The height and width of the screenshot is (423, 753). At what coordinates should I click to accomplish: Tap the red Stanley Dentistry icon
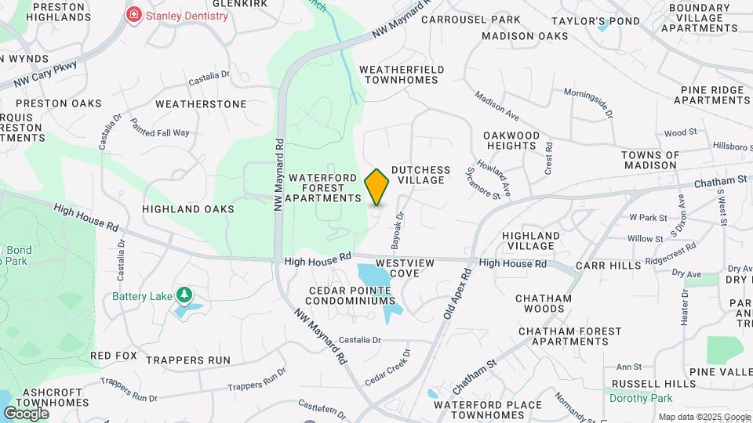(135, 16)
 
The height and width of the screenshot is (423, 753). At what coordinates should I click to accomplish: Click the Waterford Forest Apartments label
(322, 188)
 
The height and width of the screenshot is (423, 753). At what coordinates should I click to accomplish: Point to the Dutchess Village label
(420, 175)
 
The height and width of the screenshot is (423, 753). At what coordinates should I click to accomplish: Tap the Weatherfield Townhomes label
(402, 75)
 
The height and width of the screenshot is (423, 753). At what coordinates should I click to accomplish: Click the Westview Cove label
(404, 269)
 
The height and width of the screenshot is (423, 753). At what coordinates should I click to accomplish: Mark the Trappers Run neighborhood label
(187, 360)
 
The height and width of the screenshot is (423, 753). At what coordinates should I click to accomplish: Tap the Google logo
(26, 413)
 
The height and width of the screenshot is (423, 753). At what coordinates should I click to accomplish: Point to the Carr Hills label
(608, 266)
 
